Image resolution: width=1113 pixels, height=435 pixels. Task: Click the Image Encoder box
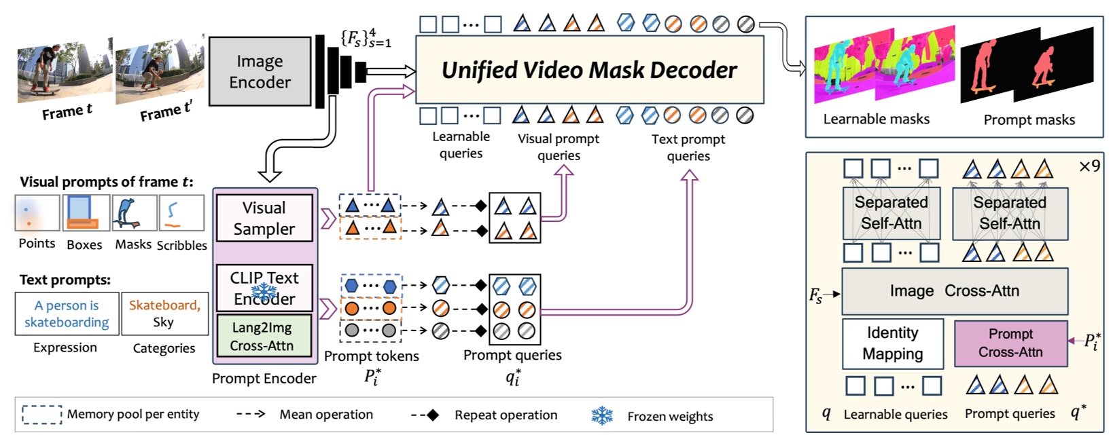pyautogui.click(x=260, y=71)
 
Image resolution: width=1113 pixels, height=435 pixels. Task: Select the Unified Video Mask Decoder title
pyautogui.click(x=588, y=70)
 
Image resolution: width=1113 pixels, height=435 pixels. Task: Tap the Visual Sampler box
pyautogui.click(x=264, y=218)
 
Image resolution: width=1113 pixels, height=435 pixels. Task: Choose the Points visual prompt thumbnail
pyautogui.click(x=37, y=213)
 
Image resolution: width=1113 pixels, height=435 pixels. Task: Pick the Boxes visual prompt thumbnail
pyautogui.click(x=86, y=213)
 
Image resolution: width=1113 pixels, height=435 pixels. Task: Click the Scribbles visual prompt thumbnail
pyautogui.click(x=181, y=213)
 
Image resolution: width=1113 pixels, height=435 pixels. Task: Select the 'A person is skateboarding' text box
pyautogui.click(x=67, y=314)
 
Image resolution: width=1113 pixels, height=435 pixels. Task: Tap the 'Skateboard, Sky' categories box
pyautogui.click(x=164, y=314)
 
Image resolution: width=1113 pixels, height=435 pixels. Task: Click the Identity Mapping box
pyautogui.click(x=892, y=343)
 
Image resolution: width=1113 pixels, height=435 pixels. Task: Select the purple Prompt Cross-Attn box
pyautogui.click(x=1010, y=343)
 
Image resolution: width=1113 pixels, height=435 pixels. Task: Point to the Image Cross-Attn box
pyautogui.click(x=954, y=291)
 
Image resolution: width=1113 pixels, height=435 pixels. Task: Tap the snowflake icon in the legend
pyautogui.click(x=602, y=415)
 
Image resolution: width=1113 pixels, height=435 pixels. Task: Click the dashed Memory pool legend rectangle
pyautogui.click(x=41, y=415)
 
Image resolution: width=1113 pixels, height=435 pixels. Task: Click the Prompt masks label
pyautogui.click(x=1029, y=120)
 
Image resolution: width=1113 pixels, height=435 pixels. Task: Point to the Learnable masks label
pyautogui.click(x=876, y=119)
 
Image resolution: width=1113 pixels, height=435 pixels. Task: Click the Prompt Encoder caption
pyautogui.click(x=264, y=379)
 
